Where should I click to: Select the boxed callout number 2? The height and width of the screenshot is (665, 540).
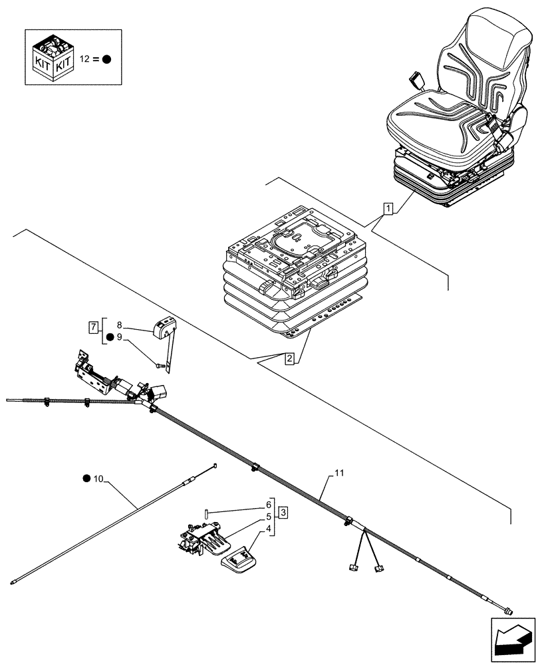click(289, 360)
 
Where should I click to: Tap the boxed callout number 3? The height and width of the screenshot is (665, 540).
click(283, 512)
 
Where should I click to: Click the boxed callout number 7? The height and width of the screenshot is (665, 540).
click(94, 327)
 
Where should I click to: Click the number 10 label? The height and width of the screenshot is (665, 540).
click(99, 479)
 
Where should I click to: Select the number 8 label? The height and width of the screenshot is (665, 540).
click(119, 326)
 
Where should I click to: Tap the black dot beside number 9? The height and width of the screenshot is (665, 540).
click(109, 337)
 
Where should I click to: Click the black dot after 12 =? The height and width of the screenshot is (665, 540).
click(106, 59)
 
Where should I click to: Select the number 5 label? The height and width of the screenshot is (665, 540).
click(269, 517)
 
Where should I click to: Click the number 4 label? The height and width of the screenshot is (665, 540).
click(269, 529)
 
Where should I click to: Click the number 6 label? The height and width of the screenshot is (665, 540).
click(269, 504)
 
